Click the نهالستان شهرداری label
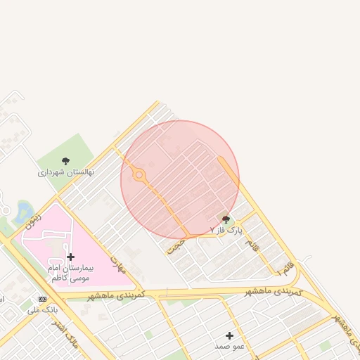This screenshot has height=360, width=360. pos(65,172)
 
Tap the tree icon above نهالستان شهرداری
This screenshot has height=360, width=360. pos(65,161)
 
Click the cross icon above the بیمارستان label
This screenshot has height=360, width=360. pos(70,257)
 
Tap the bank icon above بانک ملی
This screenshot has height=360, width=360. pos(42,299)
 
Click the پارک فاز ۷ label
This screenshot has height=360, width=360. pos(226,230)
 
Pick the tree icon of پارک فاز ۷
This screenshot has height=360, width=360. pos(226,220)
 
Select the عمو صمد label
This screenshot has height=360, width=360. pos(230,347)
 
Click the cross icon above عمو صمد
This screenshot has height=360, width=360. pos(229,335)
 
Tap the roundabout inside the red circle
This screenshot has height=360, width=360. pos(139,174)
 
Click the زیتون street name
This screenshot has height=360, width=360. pos(33,221)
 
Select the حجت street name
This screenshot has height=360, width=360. pos(178,244)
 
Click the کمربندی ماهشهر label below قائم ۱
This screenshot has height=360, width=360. pos(274,291)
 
